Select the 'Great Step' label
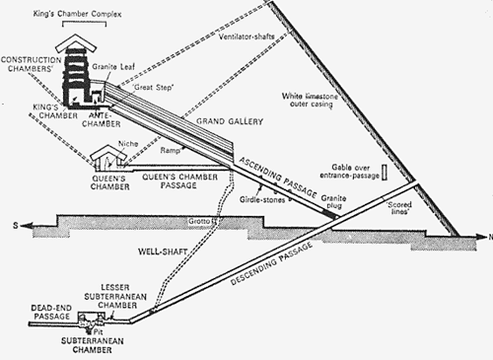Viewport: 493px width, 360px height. tap(149, 88)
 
